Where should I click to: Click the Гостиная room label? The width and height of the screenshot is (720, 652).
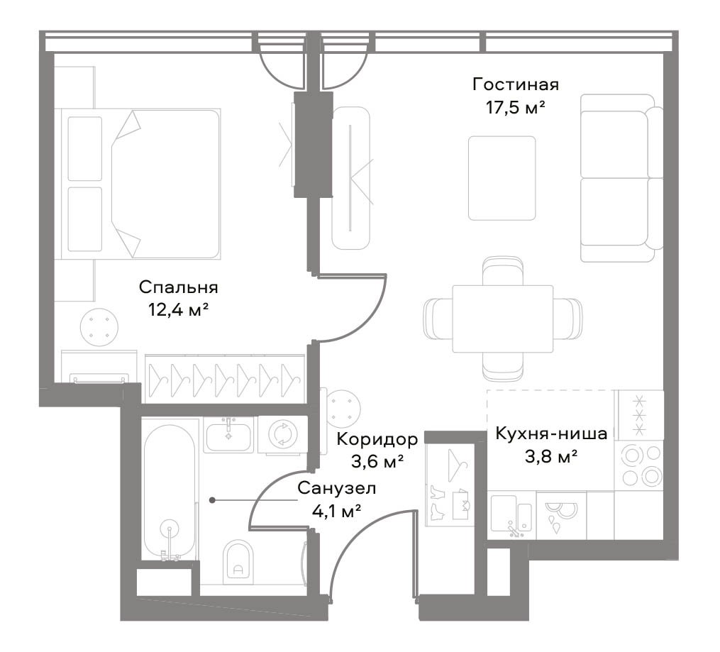pyautogui.click(x=516, y=85)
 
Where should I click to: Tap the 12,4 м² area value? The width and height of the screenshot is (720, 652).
pyautogui.click(x=179, y=310)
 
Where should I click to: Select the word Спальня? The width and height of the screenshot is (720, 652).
pyautogui.click(x=179, y=287)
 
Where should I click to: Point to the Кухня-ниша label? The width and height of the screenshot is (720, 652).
pyautogui.click(x=551, y=433)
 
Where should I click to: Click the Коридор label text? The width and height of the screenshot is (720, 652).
pyautogui.click(x=377, y=439)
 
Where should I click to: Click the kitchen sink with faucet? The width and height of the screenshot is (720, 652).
pyautogui.click(x=512, y=516)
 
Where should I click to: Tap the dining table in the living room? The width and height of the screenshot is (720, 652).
pyautogui.click(x=503, y=319)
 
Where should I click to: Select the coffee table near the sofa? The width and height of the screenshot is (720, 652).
pyautogui.click(x=502, y=178)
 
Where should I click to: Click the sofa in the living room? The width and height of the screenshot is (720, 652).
pyautogui.click(x=621, y=178)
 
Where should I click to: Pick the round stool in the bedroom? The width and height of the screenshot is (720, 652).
pyautogui.click(x=99, y=327)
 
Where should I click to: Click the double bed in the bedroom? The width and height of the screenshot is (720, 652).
pyautogui.click(x=138, y=184)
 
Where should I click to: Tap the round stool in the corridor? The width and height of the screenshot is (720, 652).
pyautogui.click(x=344, y=409)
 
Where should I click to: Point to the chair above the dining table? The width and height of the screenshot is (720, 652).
pyautogui.click(x=503, y=271)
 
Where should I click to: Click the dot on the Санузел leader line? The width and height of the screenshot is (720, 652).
pyautogui.click(x=212, y=500)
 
